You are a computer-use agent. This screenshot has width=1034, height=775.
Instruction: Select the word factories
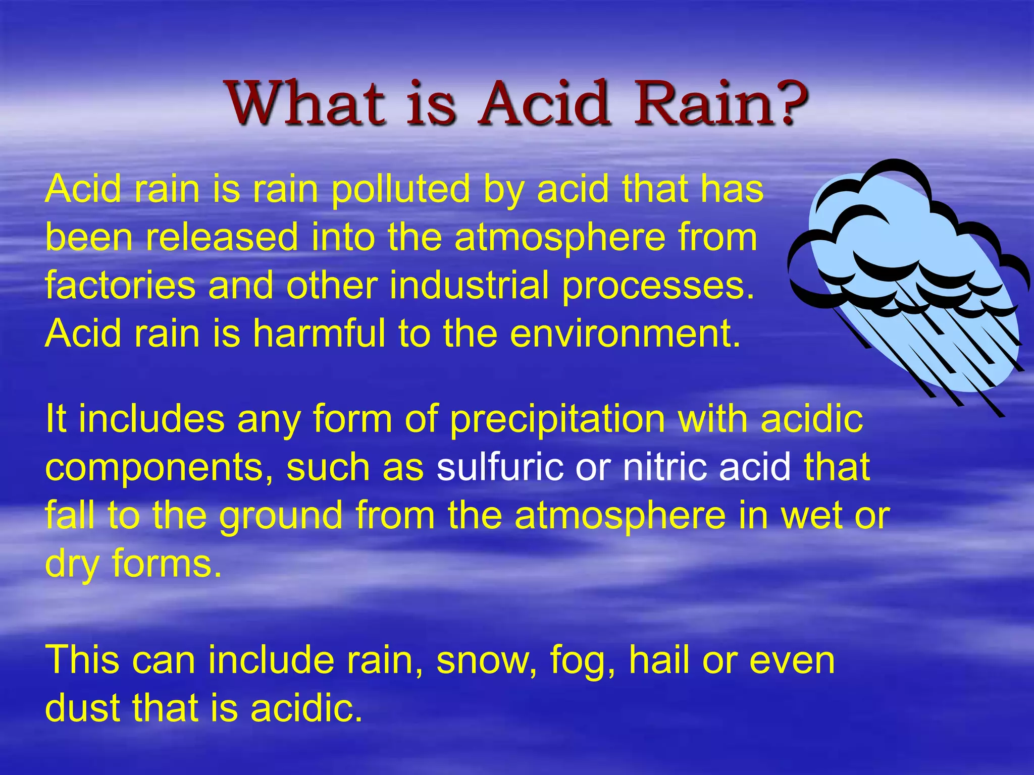coord(120,286)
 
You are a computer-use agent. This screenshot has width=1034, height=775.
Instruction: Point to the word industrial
coord(469,286)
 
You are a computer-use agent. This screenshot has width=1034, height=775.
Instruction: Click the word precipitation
coord(557,420)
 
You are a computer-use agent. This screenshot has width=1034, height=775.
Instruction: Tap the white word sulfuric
coord(500,467)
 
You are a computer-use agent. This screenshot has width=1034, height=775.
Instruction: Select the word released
coord(222,237)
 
